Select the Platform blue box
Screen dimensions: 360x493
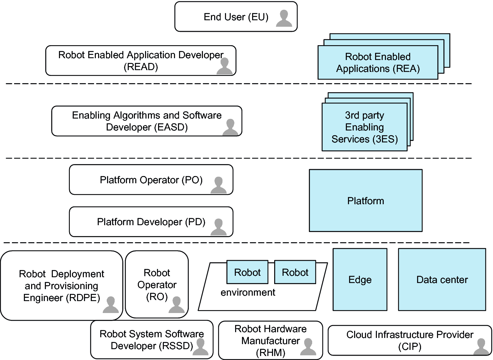tap(365, 201)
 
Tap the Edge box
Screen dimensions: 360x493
tap(360, 279)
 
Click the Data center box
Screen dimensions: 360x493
tap(442, 279)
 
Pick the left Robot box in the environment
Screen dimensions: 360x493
tap(247, 272)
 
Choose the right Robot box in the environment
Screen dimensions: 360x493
tap(295, 272)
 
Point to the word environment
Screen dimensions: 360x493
tap(248, 292)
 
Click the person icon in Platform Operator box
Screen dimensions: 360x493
tap(218, 185)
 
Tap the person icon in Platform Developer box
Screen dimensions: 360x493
tap(218, 227)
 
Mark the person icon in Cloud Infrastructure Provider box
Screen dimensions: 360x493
tap(481, 347)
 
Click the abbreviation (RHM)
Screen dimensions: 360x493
tap(271, 353)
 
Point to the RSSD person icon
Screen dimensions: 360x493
tap(201, 347)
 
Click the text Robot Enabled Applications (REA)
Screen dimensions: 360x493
tap(378, 63)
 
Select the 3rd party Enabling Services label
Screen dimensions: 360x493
tap(365, 127)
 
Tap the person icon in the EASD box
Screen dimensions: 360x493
tap(230, 128)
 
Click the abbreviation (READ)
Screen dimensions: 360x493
tap(141, 67)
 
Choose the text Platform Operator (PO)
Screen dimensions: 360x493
tap(151, 180)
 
